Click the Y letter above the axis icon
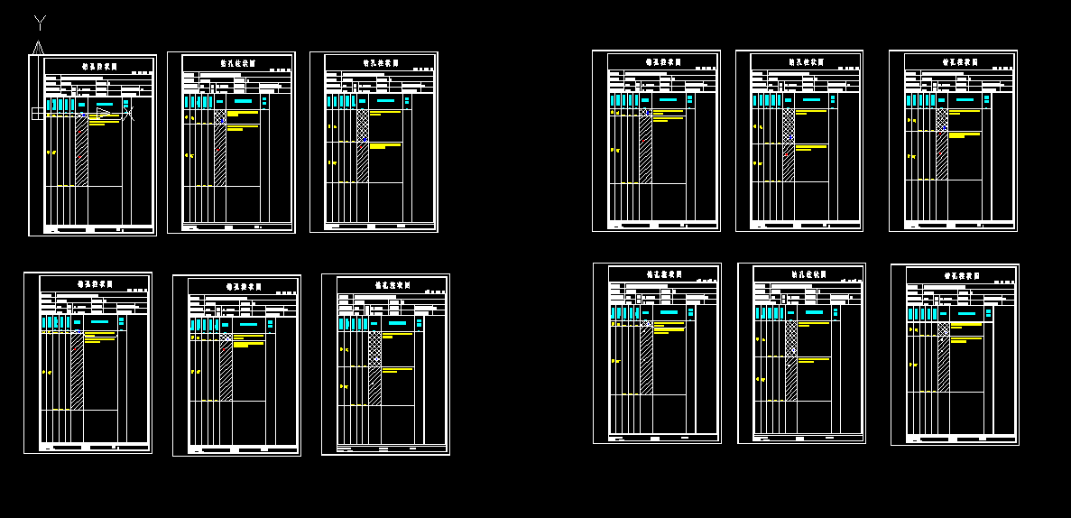point(40,22)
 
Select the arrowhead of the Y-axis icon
point(38,47)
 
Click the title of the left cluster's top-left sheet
point(100,66)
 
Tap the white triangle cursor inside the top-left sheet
point(103,114)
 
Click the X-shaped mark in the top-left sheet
point(128,114)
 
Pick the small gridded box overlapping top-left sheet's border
point(37,114)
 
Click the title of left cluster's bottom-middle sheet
point(244,287)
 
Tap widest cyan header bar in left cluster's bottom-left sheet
point(100,321)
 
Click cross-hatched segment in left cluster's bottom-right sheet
point(374,348)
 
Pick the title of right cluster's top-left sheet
point(663,62)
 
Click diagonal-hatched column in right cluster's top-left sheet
point(645,149)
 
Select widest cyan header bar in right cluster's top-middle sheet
point(811,99)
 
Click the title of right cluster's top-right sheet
point(960,62)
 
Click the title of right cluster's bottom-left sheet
point(664,274)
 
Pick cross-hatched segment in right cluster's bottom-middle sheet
point(791,338)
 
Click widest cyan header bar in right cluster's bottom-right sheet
point(966,313)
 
